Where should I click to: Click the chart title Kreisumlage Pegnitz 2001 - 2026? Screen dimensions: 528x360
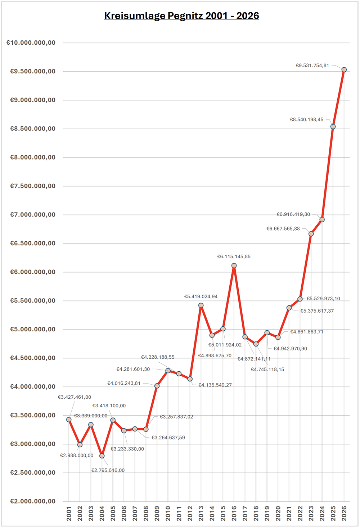[x=181, y=16]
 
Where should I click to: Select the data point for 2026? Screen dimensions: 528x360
[x=344, y=70]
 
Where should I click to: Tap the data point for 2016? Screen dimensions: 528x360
[x=234, y=265]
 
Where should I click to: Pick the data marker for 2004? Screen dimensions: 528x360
[x=102, y=456]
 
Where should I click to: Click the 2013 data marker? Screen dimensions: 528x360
[x=201, y=305]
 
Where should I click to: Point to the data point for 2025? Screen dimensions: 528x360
[x=333, y=126]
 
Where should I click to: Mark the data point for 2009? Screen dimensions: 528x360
[x=157, y=386]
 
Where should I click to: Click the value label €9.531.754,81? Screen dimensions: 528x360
[x=312, y=66]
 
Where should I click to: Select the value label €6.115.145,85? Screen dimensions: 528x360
[x=234, y=256]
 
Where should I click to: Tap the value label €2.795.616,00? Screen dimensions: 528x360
[x=108, y=470]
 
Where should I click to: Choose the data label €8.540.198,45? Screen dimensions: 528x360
[x=307, y=120]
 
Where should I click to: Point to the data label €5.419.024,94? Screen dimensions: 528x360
[x=201, y=296]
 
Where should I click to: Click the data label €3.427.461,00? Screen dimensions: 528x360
[x=75, y=397]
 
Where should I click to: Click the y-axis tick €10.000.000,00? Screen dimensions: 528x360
[x=31, y=43]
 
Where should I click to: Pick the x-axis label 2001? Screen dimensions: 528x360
[x=69, y=513]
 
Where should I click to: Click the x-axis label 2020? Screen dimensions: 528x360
[x=278, y=513]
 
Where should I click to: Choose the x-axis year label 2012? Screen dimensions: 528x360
[x=190, y=513]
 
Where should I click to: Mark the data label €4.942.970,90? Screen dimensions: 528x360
[x=290, y=349]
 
